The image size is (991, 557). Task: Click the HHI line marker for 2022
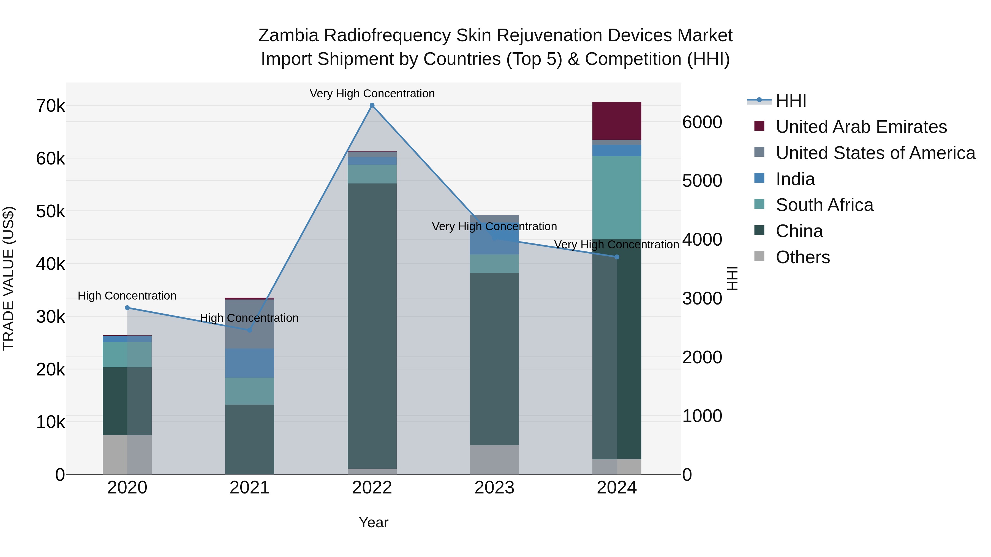pos(372,105)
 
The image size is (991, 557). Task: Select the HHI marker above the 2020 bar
pos(127,308)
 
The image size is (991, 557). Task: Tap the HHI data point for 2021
pos(249,330)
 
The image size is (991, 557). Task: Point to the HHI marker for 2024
pos(617,257)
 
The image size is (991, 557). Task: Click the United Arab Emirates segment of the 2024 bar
pos(617,121)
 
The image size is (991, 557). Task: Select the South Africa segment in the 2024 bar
pos(617,197)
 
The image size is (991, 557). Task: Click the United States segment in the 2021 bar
pos(249,324)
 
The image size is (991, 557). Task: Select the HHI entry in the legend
pos(791,101)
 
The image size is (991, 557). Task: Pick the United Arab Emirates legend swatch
pos(759,126)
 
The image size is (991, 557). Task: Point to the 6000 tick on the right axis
pos(702,122)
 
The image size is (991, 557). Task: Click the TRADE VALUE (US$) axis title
pos(9,278)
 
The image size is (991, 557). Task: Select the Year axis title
pos(373,522)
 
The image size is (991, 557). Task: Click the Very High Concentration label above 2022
pos(372,94)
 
